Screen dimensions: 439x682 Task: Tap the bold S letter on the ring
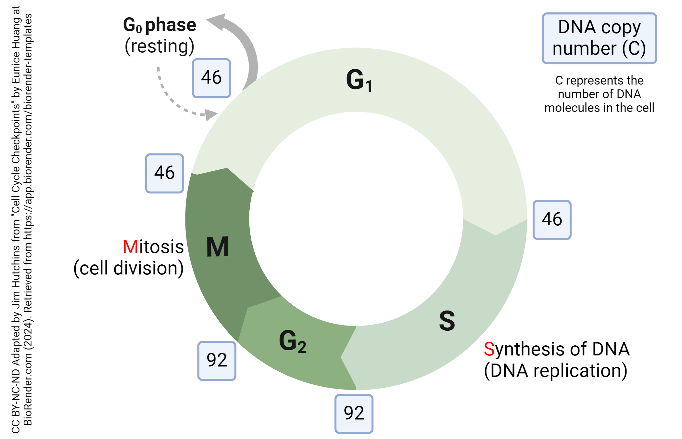point(447,321)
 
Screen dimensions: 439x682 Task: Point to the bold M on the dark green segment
point(218,247)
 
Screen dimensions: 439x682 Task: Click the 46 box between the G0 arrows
point(211,78)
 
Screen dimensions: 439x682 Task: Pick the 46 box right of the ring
point(552,220)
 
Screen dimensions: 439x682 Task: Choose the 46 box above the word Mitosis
point(165,173)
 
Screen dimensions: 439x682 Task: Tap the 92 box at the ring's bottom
point(354,414)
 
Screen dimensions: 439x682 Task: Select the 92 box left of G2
point(217,361)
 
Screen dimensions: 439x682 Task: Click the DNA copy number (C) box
point(599,38)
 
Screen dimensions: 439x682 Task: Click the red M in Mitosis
point(130,247)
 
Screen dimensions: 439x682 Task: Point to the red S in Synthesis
point(489,349)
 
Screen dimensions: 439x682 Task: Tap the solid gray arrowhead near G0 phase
point(217,21)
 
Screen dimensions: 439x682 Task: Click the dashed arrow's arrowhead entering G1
point(211,114)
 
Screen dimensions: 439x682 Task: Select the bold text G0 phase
point(159,25)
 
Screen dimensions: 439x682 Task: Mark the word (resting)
point(159,46)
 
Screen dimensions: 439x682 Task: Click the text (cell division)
point(129,268)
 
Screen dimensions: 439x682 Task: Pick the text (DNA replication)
point(556,371)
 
